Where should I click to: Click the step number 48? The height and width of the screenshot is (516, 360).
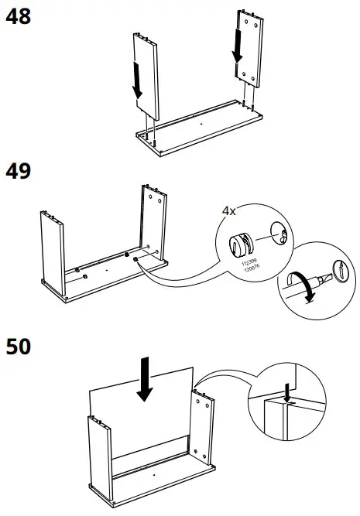point(18,16)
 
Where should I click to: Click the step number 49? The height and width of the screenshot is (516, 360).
point(18,172)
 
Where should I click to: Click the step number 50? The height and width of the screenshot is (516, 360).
point(19,347)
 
